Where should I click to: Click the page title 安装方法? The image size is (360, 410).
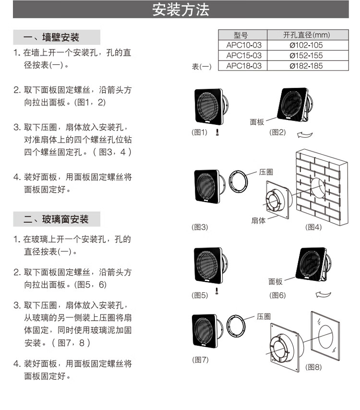tap(180, 10)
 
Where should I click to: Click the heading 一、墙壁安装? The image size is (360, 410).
tap(52, 37)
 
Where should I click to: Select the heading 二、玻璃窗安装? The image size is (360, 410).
tap(57, 219)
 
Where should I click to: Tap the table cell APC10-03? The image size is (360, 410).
tap(244, 45)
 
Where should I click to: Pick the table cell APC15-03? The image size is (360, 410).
tap(244, 56)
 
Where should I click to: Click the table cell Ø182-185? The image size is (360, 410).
tap(306, 66)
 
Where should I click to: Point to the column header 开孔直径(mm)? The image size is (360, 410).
tap(306, 35)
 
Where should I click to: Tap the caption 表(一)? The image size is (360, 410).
tap(202, 67)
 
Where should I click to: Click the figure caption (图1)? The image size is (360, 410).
tap(200, 133)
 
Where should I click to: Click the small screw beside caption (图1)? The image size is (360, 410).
tap(216, 132)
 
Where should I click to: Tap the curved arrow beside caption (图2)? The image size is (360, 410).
tap(305, 135)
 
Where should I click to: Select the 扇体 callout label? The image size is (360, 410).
tap(258, 221)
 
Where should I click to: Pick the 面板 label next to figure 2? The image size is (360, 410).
tap(257, 122)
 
